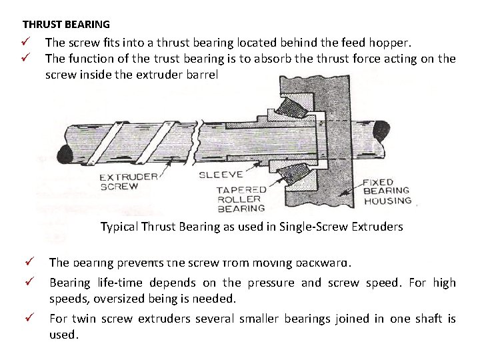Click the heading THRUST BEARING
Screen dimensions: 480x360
point(66,25)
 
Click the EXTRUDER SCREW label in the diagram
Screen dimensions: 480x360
point(128,181)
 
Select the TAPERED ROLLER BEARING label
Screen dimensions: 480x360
point(241,199)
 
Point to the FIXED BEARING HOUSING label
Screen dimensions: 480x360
point(387,191)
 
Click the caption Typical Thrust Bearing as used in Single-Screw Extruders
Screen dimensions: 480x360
point(251,227)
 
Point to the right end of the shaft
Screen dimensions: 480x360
point(381,131)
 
